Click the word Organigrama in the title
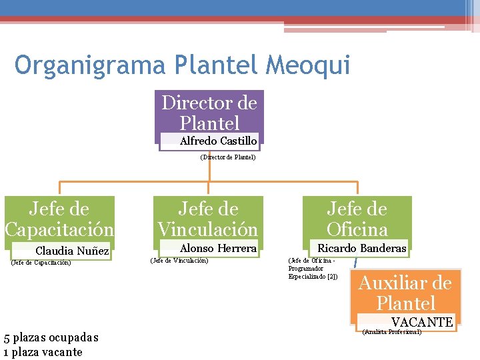click(91, 65)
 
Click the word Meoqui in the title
click(307, 65)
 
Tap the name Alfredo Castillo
click(218, 141)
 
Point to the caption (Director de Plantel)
click(228, 158)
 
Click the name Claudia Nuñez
click(72, 251)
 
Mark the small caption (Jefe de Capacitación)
click(41, 262)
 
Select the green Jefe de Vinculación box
click(207, 219)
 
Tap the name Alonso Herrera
click(218, 249)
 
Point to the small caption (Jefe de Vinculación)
click(179, 260)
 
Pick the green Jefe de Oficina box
click(357, 219)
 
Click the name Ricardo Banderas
click(361, 249)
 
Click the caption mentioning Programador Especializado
click(313, 268)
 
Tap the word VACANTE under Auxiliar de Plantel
click(422, 322)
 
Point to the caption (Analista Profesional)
click(391, 331)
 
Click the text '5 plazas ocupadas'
click(51, 337)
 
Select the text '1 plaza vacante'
click(43, 352)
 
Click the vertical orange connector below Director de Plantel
click(209, 168)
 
